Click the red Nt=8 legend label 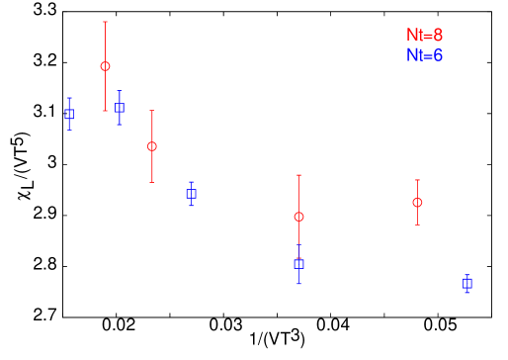[424, 36]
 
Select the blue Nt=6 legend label [424, 55]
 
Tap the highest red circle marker [105, 66]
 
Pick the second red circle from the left [152, 146]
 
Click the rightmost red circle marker [417, 202]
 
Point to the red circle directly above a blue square [298, 217]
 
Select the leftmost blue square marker [69, 114]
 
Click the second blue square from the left [119, 108]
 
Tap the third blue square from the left [191, 194]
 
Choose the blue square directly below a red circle [298, 264]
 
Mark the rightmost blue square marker [466, 283]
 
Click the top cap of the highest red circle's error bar [105, 22]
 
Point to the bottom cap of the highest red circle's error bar [105, 111]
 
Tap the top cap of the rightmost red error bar [417, 180]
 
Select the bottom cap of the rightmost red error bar [417, 225]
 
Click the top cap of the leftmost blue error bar [69, 98]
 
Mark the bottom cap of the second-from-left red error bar [152, 182]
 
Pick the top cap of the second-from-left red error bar [152, 111]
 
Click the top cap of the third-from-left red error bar [298, 175]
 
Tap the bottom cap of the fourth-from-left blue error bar [298, 284]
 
